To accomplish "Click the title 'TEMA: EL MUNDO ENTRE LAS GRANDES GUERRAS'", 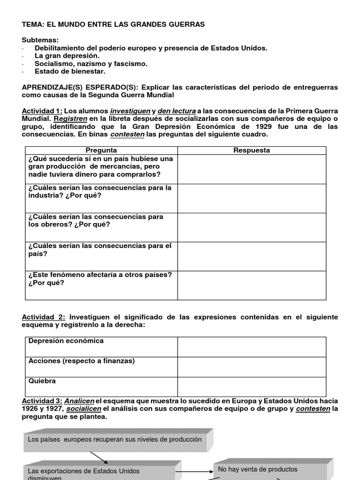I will point(113,24).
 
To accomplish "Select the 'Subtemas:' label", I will point(40,40).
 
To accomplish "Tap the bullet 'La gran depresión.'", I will point(64,56).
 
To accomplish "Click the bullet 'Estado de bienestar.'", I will point(70,71).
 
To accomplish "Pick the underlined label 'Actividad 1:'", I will point(42,111).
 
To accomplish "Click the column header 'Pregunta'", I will point(101,150).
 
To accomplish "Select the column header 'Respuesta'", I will point(252,150).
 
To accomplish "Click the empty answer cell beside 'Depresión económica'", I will point(252,346).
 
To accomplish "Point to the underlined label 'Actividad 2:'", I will point(42,317).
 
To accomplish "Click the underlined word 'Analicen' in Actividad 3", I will point(79,401).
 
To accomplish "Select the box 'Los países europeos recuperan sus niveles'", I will point(115,440).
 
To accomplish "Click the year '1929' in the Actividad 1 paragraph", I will point(262,127).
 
